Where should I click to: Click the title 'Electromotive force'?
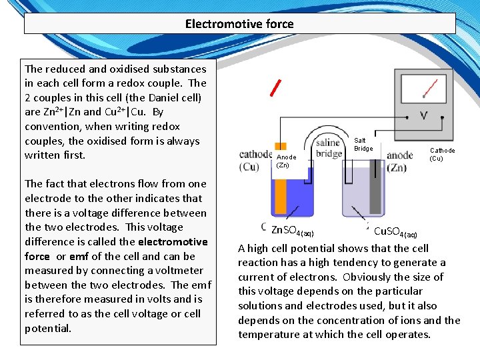(x=239, y=24)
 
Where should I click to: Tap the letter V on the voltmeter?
(x=423, y=116)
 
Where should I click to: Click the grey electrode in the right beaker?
(x=376, y=193)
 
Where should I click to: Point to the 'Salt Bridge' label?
(x=363, y=144)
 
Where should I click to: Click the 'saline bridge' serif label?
(x=329, y=148)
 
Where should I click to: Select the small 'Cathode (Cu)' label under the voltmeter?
(x=441, y=154)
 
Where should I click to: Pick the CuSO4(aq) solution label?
(x=395, y=232)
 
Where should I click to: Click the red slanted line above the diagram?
(x=275, y=87)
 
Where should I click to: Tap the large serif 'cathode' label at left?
(x=255, y=155)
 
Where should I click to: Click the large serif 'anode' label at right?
(x=400, y=155)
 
